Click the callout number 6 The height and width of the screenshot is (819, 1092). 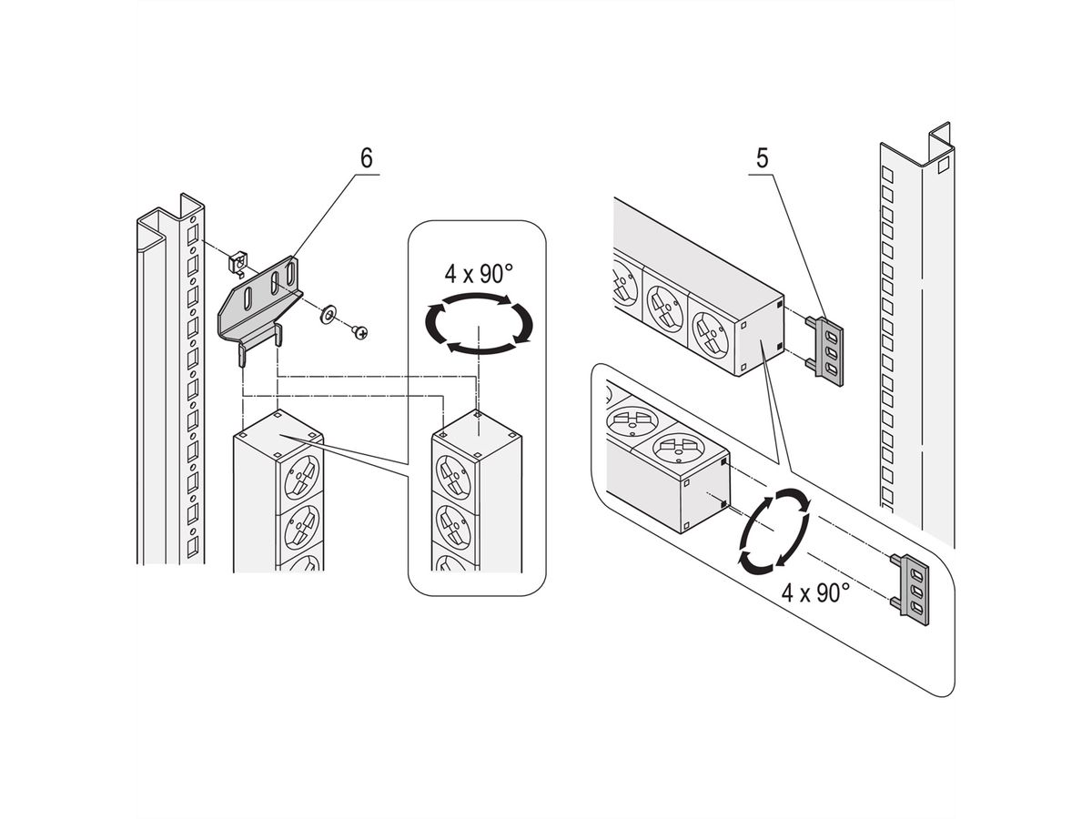[366, 157]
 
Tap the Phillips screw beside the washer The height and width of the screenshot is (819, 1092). [361, 334]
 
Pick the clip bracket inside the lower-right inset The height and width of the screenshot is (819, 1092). [911, 586]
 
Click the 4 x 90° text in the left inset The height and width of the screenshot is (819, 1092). [479, 273]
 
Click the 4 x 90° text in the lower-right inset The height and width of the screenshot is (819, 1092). [815, 592]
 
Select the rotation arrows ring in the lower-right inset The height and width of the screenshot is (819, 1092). [773, 531]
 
